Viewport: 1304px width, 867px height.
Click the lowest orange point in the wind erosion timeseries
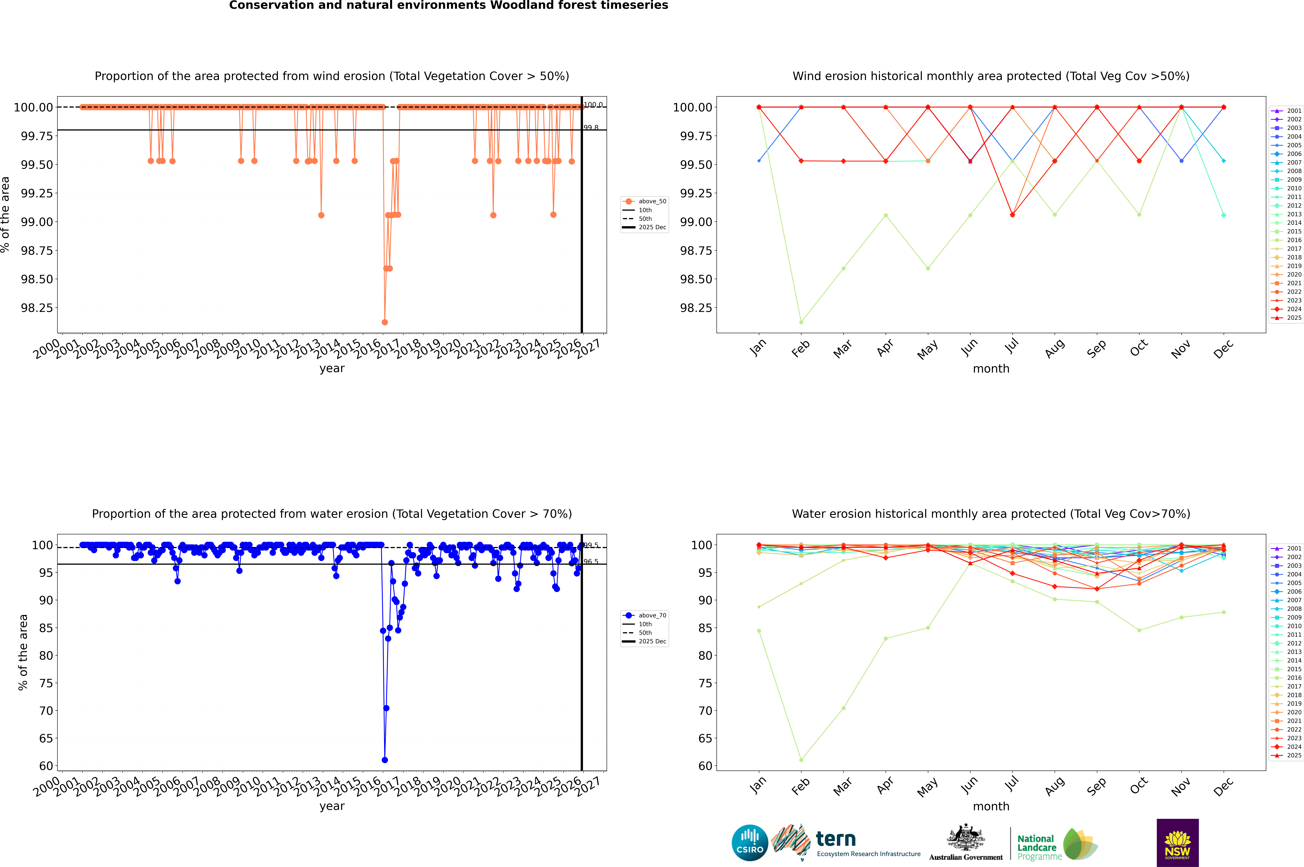coord(385,322)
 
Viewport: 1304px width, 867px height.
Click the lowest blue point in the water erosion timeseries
coord(385,760)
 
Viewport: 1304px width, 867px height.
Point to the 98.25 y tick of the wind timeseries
coord(37,308)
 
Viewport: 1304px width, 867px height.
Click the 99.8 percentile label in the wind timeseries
coord(591,128)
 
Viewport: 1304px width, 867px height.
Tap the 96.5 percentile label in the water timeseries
coord(591,562)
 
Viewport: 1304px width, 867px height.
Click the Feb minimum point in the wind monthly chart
coord(801,322)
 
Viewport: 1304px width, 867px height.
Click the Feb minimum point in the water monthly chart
coord(801,760)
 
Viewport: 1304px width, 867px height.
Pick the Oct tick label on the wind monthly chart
coord(1139,349)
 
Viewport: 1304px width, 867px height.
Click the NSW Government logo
coord(1177,843)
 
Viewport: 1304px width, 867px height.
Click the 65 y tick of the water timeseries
coord(46,738)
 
